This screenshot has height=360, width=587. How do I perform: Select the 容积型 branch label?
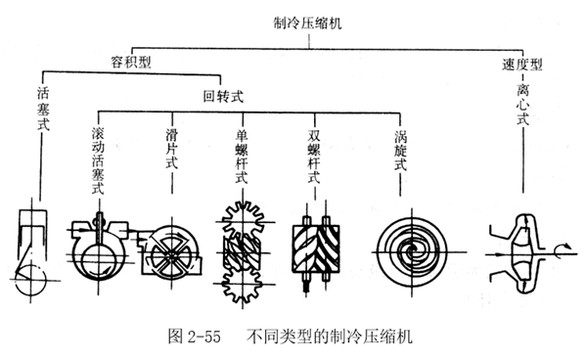pos(134,60)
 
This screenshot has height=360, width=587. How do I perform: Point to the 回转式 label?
pos(223,95)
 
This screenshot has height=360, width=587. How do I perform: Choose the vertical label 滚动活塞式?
pos(97,160)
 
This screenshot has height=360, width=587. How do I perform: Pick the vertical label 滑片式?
pos(171,146)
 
